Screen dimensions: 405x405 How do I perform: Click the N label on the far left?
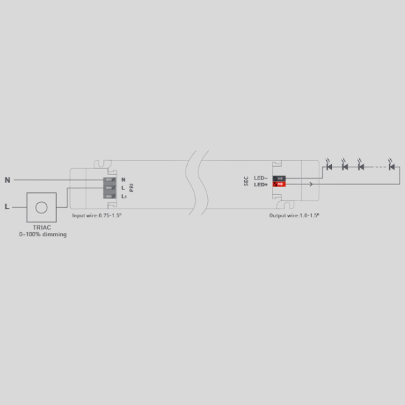[x=7, y=180]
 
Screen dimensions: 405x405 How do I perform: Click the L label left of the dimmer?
[x=7, y=207]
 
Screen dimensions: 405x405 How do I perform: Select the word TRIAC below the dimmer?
[x=43, y=228]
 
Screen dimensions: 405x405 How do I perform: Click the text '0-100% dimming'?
[x=43, y=235]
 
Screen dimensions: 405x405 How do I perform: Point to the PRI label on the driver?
[x=132, y=188]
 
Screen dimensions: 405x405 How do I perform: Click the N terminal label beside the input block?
[x=123, y=180]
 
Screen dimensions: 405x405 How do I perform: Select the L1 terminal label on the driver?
[x=124, y=196]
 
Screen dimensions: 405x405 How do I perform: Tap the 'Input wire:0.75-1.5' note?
[x=97, y=215]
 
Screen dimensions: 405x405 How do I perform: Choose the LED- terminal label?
[x=261, y=178]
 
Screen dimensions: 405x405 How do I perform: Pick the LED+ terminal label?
[x=261, y=184]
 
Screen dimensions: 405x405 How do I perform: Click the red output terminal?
[x=279, y=184]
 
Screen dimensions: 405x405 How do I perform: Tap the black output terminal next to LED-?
[x=279, y=178]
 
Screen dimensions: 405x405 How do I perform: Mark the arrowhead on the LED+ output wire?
[x=310, y=184]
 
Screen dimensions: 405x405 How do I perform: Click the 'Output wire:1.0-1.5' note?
[x=294, y=215]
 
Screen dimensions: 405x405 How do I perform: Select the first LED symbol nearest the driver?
[x=329, y=165]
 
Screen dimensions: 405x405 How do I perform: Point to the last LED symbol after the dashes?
[x=391, y=165]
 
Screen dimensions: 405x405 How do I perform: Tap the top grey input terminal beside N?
[x=108, y=180]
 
